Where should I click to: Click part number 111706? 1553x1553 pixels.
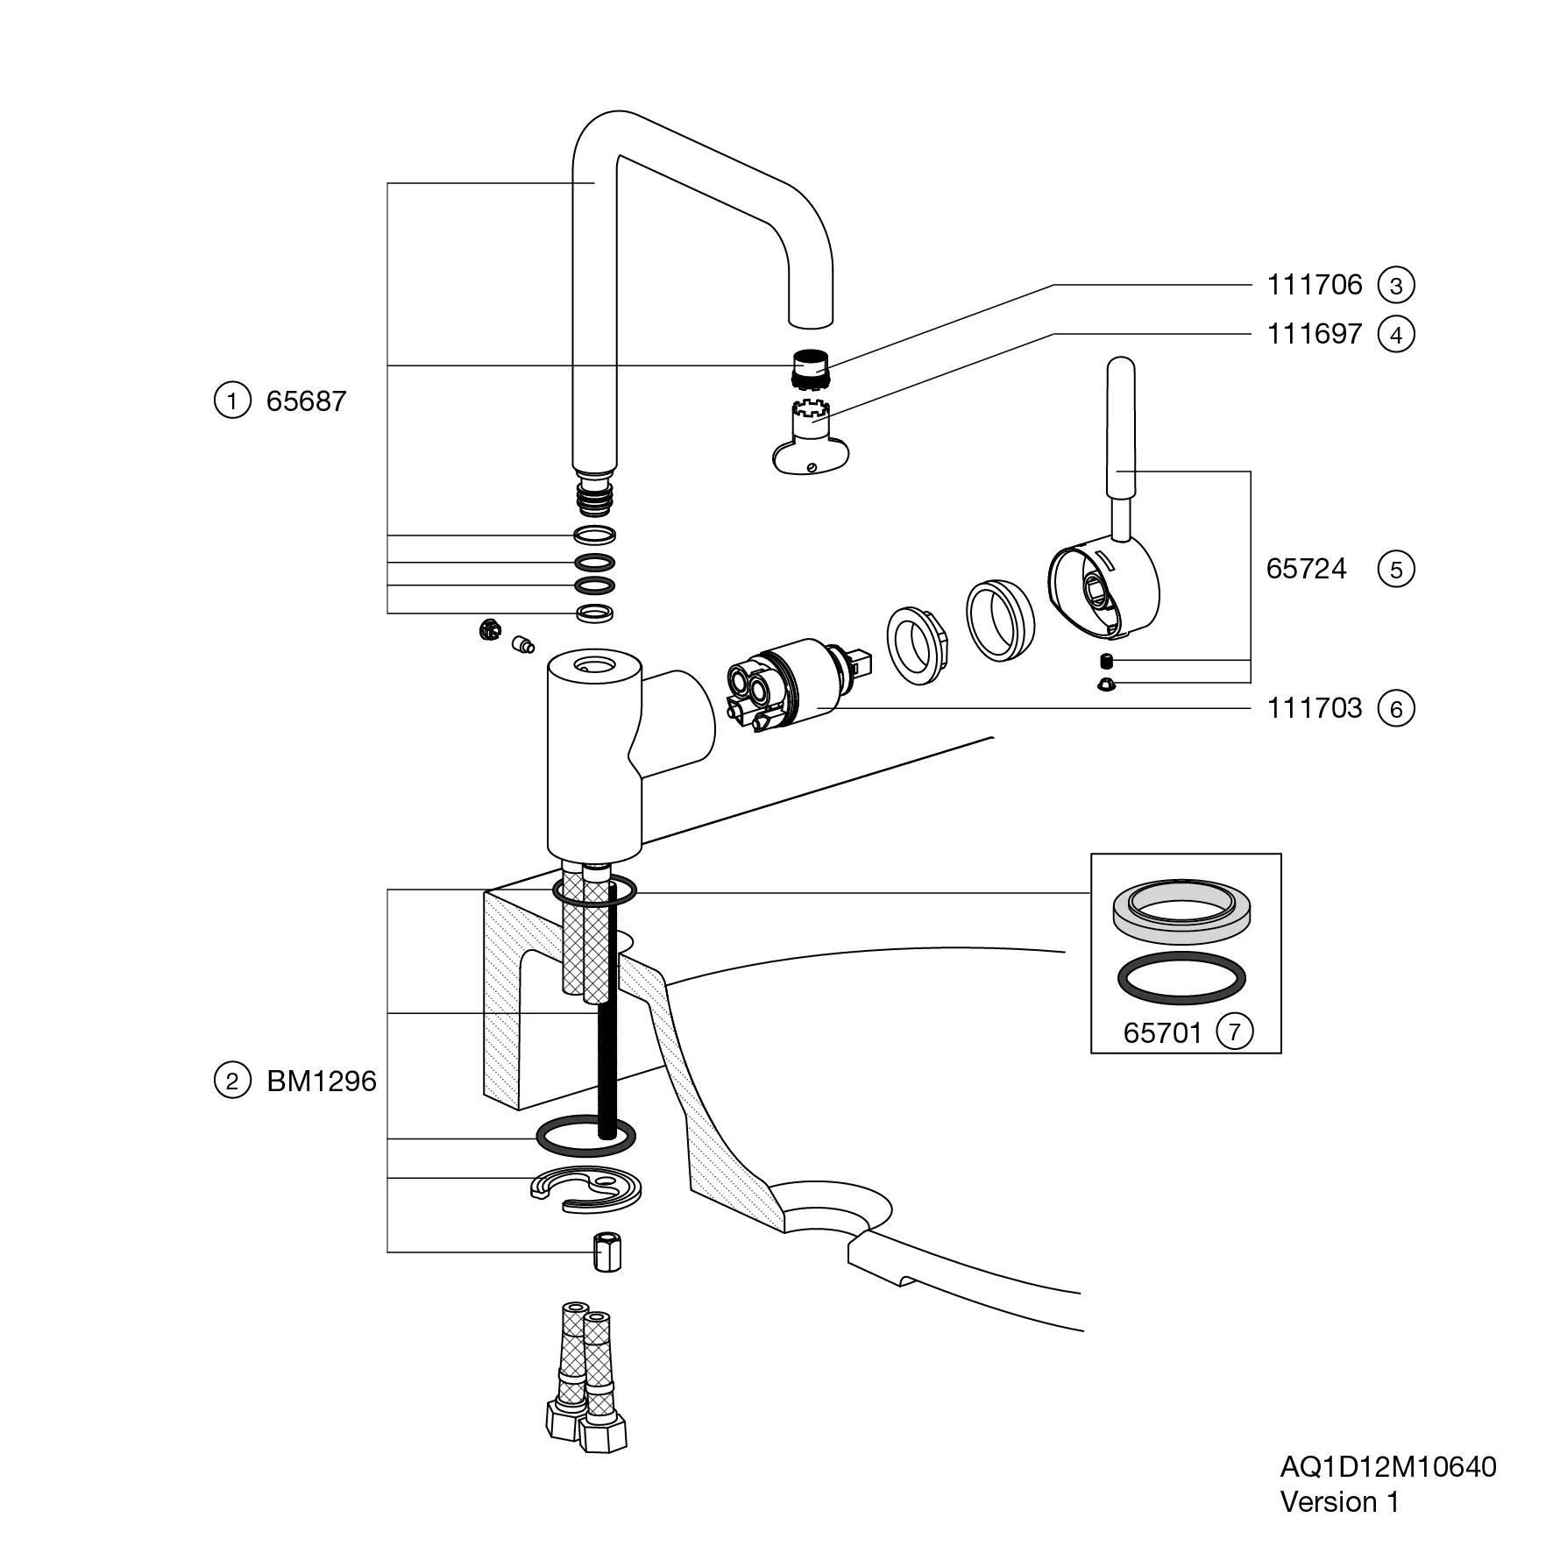[x=1314, y=285]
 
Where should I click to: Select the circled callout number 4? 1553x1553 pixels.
[x=1396, y=335]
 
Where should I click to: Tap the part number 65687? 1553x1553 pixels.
[x=306, y=401]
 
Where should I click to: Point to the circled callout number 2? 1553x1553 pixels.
[x=232, y=1081]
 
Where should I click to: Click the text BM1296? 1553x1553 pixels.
[x=321, y=1081]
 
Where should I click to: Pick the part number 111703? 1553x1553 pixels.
[x=1314, y=708]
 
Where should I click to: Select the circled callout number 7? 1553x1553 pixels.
[x=1235, y=1032]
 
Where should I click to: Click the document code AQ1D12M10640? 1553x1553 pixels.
[x=1388, y=1466]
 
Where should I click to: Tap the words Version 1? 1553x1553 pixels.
[x=1339, y=1502]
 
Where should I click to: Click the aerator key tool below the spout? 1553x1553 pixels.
[x=805, y=443]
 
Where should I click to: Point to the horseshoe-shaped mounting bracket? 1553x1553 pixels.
[x=585, y=1193]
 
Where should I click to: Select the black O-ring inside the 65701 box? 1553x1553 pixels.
[x=1181, y=977]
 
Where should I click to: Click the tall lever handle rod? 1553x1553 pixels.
[x=1122, y=429]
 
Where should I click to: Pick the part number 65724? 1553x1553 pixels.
[x=1305, y=570]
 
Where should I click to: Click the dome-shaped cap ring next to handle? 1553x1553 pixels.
[x=999, y=619]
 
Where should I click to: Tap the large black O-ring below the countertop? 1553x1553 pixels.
[x=585, y=1138]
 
